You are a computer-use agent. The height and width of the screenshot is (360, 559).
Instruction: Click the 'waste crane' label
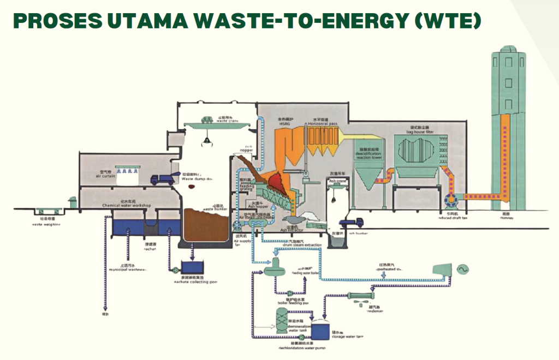point(213,121)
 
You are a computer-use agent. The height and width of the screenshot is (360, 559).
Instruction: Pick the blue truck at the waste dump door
point(162,178)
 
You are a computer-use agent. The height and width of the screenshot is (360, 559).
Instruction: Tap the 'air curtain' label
point(105,176)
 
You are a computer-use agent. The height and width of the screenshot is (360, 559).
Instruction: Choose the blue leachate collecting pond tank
point(191,267)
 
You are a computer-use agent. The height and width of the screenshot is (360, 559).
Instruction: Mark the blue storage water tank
point(320,328)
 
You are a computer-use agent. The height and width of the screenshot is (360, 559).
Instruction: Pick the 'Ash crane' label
point(338,181)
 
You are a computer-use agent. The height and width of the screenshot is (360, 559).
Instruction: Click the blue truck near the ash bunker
point(351,223)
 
